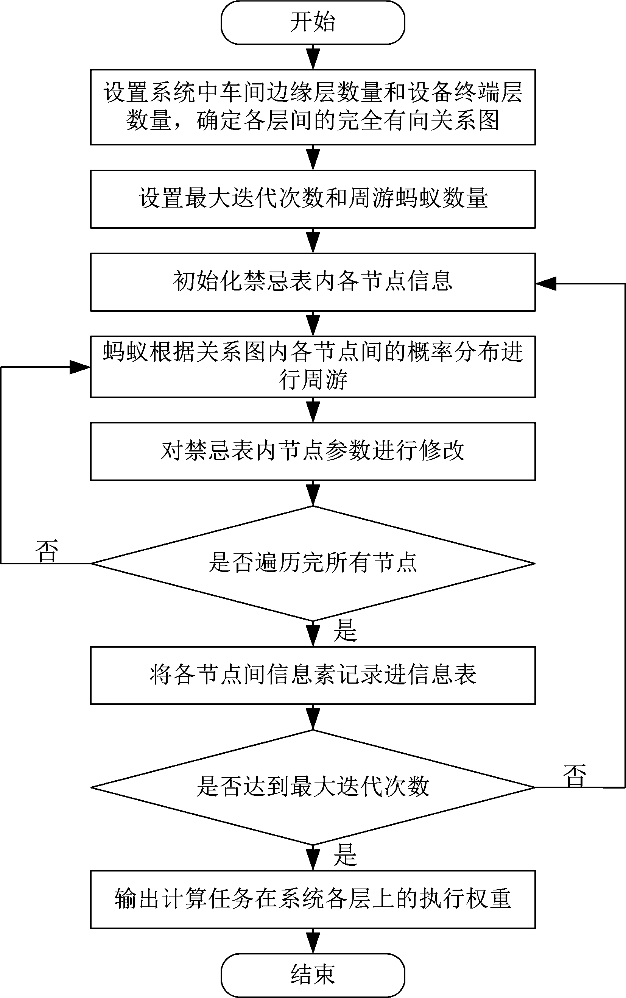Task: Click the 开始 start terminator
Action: point(313,23)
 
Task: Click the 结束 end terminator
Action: point(313,975)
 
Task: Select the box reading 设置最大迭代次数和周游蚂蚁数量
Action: point(313,199)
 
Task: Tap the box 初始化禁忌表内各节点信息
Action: point(313,282)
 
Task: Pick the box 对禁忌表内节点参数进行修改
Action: point(313,451)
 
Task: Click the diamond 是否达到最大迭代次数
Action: point(313,787)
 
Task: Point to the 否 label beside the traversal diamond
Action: point(47,551)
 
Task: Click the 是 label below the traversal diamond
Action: point(345,631)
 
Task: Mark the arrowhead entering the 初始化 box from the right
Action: point(546,284)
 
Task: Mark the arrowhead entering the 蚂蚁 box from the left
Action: point(79,367)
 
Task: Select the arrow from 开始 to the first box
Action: point(313,58)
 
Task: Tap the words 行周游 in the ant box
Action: point(313,380)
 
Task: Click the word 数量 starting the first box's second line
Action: point(149,121)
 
